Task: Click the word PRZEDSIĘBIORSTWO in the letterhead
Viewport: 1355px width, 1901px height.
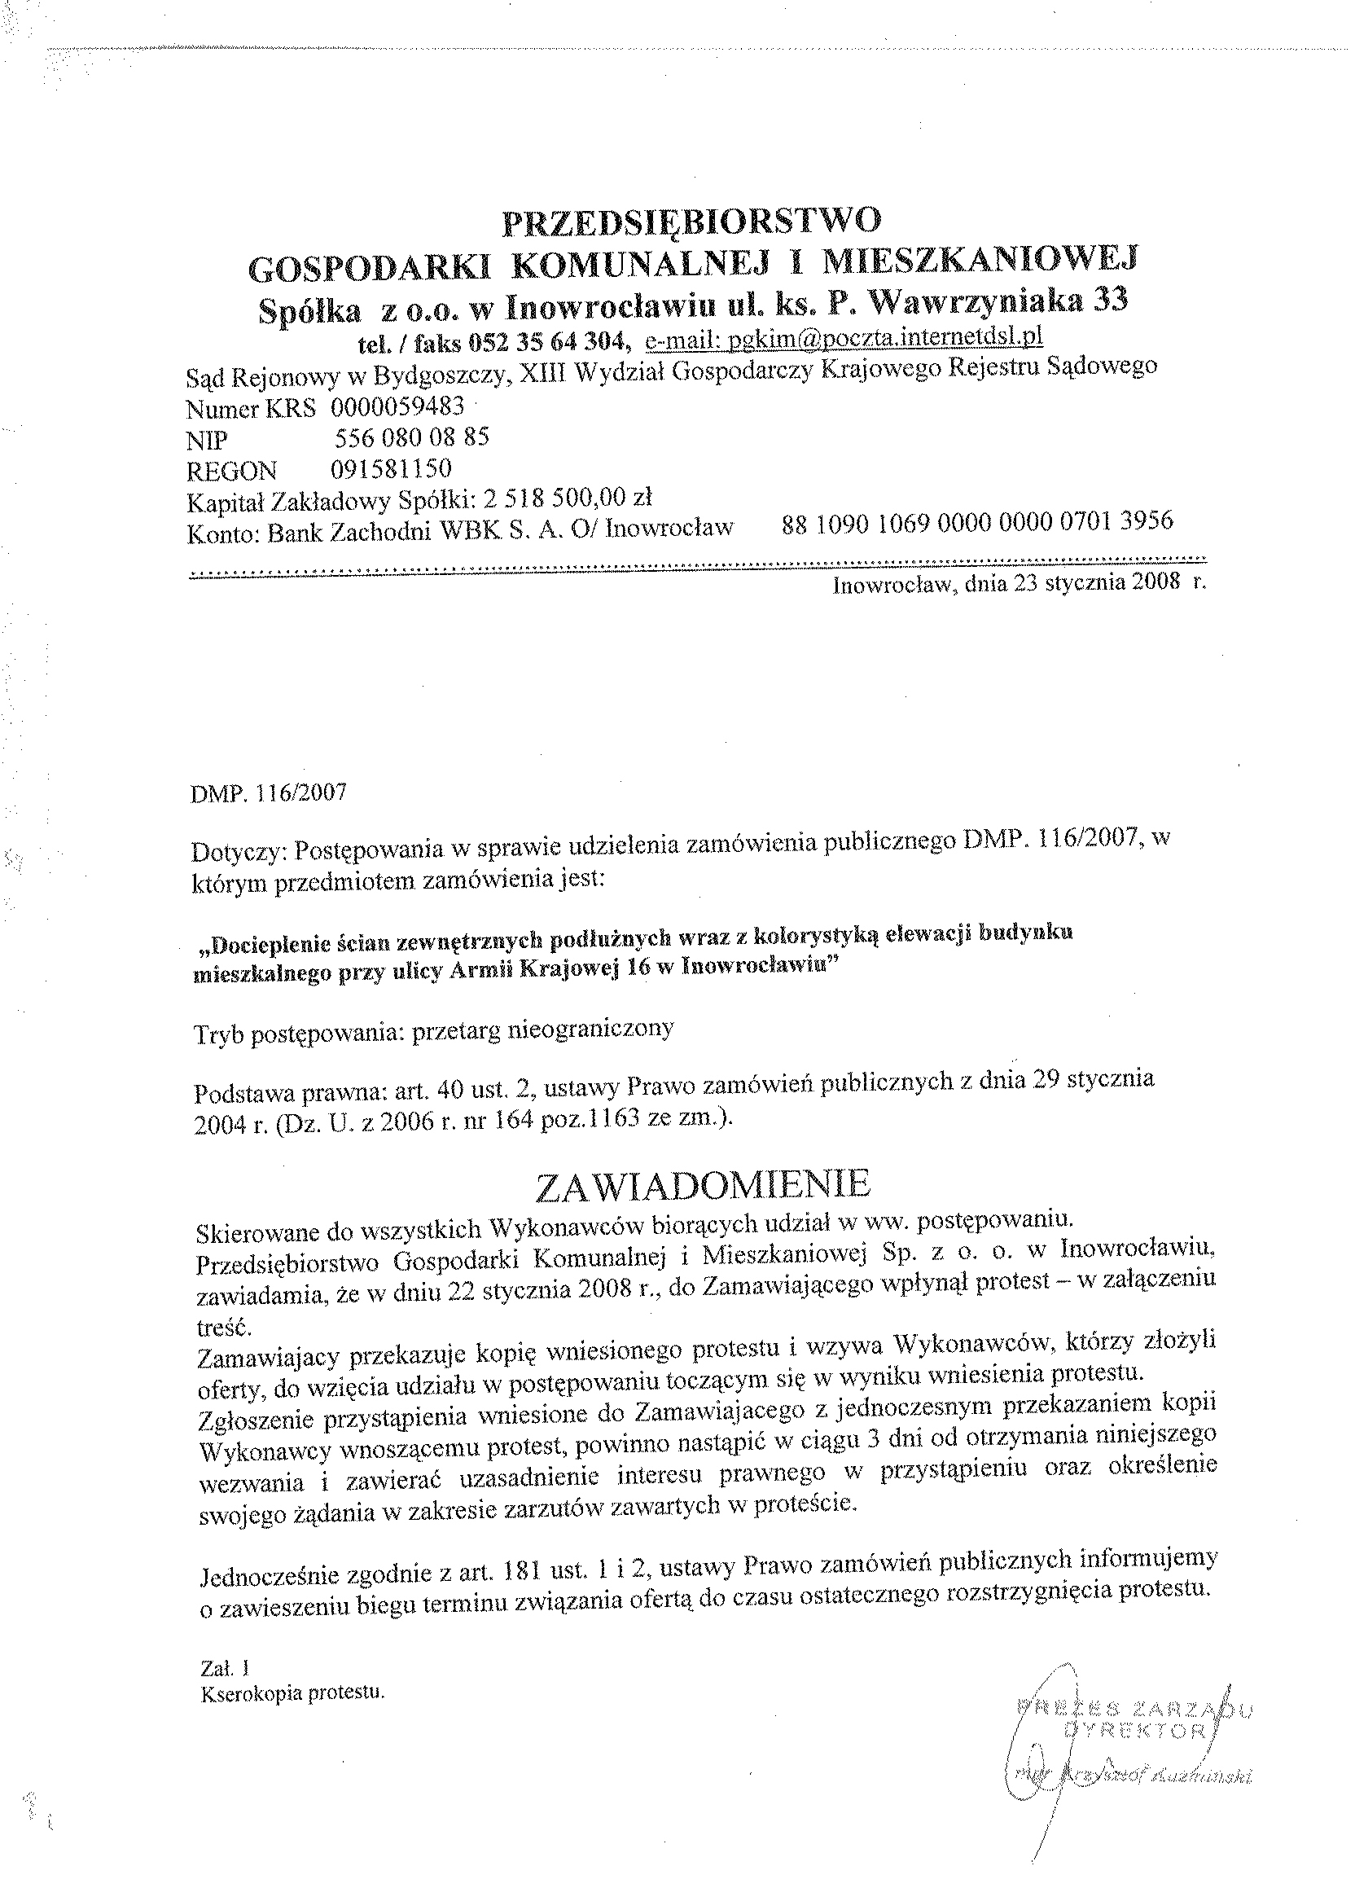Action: coord(691,222)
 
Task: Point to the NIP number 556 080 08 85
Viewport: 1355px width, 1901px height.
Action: coord(411,438)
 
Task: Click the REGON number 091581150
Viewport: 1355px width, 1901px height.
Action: coord(392,468)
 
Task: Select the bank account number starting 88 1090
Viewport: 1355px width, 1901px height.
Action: coord(977,522)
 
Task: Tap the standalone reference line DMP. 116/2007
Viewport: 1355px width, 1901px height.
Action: coord(269,792)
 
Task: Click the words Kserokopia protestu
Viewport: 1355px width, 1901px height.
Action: coord(292,1693)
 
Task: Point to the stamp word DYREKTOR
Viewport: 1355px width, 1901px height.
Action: coord(1142,1730)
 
